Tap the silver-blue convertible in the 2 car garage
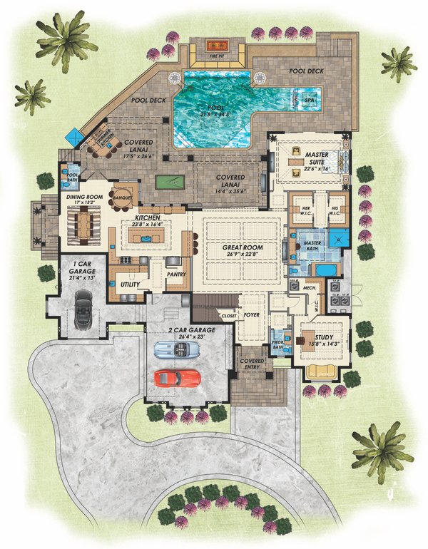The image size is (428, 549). tap(178, 350)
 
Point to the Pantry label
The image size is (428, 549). tap(175, 272)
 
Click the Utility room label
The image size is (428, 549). tap(129, 284)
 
